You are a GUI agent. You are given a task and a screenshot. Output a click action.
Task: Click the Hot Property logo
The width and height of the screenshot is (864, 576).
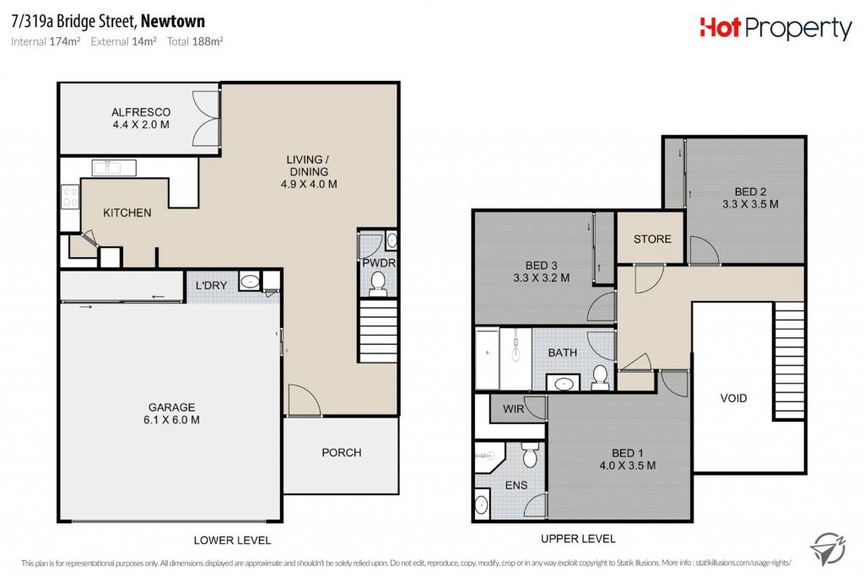[x=775, y=29]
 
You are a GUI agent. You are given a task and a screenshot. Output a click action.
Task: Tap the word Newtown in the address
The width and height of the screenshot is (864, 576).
[x=173, y=21]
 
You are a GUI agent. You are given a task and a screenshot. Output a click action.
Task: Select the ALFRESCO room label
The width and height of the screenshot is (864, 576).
[x=141, y=112]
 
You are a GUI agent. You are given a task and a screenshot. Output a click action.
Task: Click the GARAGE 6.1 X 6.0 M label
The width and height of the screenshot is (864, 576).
[x=171, y=413]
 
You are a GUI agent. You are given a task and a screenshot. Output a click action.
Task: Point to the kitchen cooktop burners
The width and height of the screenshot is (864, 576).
[x=70, y=197]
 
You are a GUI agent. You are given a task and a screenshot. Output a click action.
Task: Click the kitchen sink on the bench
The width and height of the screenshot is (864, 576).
[x=114, y=168]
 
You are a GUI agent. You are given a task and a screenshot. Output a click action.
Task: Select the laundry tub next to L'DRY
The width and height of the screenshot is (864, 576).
[x=250, y=282]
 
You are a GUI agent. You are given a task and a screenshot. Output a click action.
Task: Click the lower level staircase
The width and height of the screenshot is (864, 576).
[x=378, y=331]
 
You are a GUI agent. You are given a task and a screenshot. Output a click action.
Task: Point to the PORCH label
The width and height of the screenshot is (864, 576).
[x=342, y=453]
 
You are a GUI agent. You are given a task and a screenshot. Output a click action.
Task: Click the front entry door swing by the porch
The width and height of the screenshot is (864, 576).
[x=304, y=399]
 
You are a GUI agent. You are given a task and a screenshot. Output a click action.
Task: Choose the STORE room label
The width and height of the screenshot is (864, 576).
[x=652, y=239]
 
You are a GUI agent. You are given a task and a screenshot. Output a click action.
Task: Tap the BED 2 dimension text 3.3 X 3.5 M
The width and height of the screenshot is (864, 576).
[x=750, y=204]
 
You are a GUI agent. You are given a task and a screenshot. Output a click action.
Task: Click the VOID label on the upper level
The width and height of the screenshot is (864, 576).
[x=733, y=398]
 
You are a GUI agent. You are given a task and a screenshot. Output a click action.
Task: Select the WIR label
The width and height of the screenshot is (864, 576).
[x=514, y=409]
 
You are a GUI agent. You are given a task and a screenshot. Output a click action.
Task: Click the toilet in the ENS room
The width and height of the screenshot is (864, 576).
[x=530, y=455]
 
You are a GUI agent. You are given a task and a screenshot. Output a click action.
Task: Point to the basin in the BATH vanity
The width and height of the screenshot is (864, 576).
[x=563, y=383]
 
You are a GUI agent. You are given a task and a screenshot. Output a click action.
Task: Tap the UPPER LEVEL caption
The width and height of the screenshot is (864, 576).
[x=578, y=539]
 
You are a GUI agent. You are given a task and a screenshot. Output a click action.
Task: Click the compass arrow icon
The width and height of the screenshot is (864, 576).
[x=828, y=548]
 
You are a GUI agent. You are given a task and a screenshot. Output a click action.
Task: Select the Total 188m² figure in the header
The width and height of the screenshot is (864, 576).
[x=195, y=41]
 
